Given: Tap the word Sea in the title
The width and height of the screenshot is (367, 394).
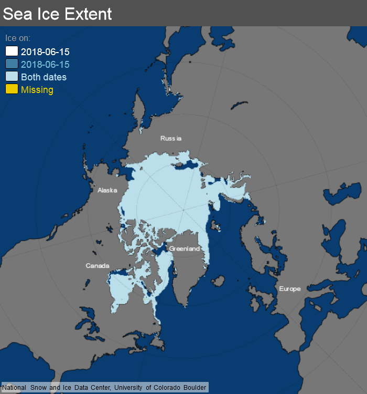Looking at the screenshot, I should (16, 14).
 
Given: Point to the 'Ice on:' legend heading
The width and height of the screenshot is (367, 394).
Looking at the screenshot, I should (18, 38).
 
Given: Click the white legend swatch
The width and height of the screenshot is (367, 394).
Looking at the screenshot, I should (12, 51).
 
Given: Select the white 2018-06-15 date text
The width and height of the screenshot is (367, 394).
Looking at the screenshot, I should (45, 52).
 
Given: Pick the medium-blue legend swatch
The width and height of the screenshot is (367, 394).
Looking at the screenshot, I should (12, 64).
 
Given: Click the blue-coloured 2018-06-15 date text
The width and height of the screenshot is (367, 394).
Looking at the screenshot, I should (45, 65).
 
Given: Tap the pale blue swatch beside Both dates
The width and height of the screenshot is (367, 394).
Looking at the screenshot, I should (12, 77).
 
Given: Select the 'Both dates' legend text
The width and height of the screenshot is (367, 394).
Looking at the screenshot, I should (44, 77).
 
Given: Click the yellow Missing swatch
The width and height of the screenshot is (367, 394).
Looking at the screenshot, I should (12, 89).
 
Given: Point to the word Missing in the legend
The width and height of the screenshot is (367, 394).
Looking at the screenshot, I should (37, 90).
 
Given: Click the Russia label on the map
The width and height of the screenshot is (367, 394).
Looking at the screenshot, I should (171, 138).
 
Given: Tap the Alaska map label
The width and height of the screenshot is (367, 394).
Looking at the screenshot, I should (107, 190).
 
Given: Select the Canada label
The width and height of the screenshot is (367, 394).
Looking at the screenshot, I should (98, 266).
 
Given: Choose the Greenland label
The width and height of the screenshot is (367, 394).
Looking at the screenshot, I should (184, 248).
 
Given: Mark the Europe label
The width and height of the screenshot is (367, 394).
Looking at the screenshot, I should (290, 289).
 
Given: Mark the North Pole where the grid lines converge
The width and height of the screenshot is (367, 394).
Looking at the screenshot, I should (183, 210).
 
